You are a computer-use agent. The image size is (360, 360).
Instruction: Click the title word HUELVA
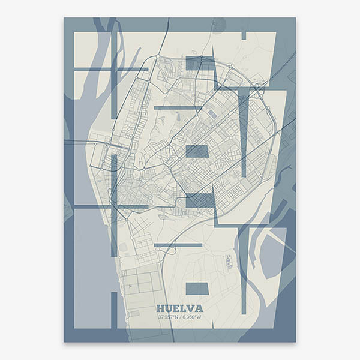[x=179, y=308]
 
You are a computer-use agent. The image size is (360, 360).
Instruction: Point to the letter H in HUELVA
[x=160, y=308]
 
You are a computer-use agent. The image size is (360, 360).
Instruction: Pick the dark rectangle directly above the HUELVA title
[x=197, y=289]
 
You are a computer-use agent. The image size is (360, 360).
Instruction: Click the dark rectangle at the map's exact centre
[x=197, y=151]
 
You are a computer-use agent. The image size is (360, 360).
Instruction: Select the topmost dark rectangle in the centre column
[x=197, y=63]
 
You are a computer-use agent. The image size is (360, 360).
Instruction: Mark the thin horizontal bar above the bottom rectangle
[x=178, y=245]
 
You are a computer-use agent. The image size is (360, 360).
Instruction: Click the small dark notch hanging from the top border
[x=244, y=36]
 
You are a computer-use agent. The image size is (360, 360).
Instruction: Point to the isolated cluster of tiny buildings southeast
[x=229, y=261]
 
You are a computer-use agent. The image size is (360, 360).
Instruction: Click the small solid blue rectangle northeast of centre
[x=213, y=114]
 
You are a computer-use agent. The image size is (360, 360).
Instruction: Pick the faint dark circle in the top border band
[x=218, y=25]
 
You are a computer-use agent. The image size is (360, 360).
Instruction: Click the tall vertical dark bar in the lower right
[x=243, y=270]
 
